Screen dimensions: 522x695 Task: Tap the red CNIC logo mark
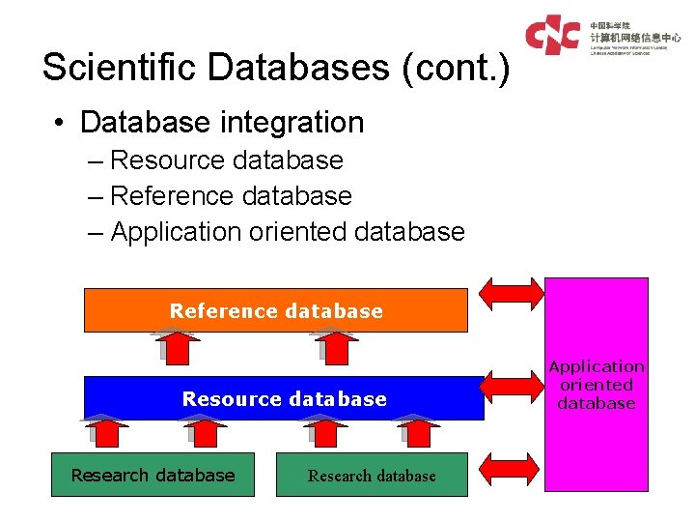[553, 35]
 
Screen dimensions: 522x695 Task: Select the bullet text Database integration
[222, 123]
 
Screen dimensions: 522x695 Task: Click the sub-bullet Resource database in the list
[227, 159]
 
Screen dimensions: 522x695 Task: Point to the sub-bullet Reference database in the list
[232, 195]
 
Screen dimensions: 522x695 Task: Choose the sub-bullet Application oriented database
[288, 232]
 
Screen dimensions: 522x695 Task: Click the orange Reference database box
[276, 310]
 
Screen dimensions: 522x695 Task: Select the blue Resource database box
[284, 398]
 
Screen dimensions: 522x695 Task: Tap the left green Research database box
[153, 475]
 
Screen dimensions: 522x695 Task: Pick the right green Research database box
[372, 475]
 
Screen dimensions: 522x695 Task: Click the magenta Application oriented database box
[597, 385]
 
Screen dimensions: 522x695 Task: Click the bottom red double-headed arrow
[512, 471]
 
